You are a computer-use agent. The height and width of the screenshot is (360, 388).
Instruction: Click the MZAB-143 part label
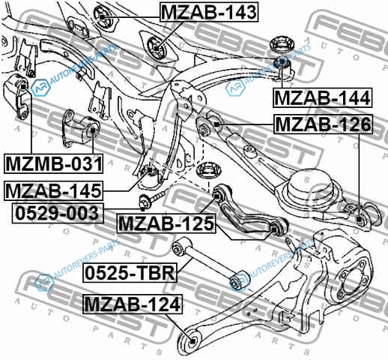(x=209, y=12)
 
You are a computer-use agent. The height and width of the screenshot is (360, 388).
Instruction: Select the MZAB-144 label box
(x=323, y=97)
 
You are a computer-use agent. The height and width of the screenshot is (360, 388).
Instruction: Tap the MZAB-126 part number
(x=324, y=124)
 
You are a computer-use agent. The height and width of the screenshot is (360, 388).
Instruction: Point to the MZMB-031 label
(x=53, y=163)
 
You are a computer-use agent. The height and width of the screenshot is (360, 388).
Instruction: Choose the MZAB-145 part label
(x=53, y=190)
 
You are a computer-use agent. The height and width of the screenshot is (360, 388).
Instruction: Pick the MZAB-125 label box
(x=166, y=223)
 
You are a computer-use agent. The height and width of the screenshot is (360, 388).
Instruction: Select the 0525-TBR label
(x=130, y=273)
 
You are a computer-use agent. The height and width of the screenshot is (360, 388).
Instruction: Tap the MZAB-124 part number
(x=133, y=304)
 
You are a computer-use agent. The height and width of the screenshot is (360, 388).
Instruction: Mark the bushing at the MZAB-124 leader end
(x=191, y=340)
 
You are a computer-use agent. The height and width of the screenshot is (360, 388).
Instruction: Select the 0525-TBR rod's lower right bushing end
(x=239, y=280)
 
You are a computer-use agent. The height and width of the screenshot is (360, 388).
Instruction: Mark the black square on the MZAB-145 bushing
(x=150, y=170)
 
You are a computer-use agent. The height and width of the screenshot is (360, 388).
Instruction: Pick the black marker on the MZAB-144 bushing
(x=282, y=61)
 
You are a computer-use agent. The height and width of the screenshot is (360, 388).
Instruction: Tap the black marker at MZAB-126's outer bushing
(x=360, y=220)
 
